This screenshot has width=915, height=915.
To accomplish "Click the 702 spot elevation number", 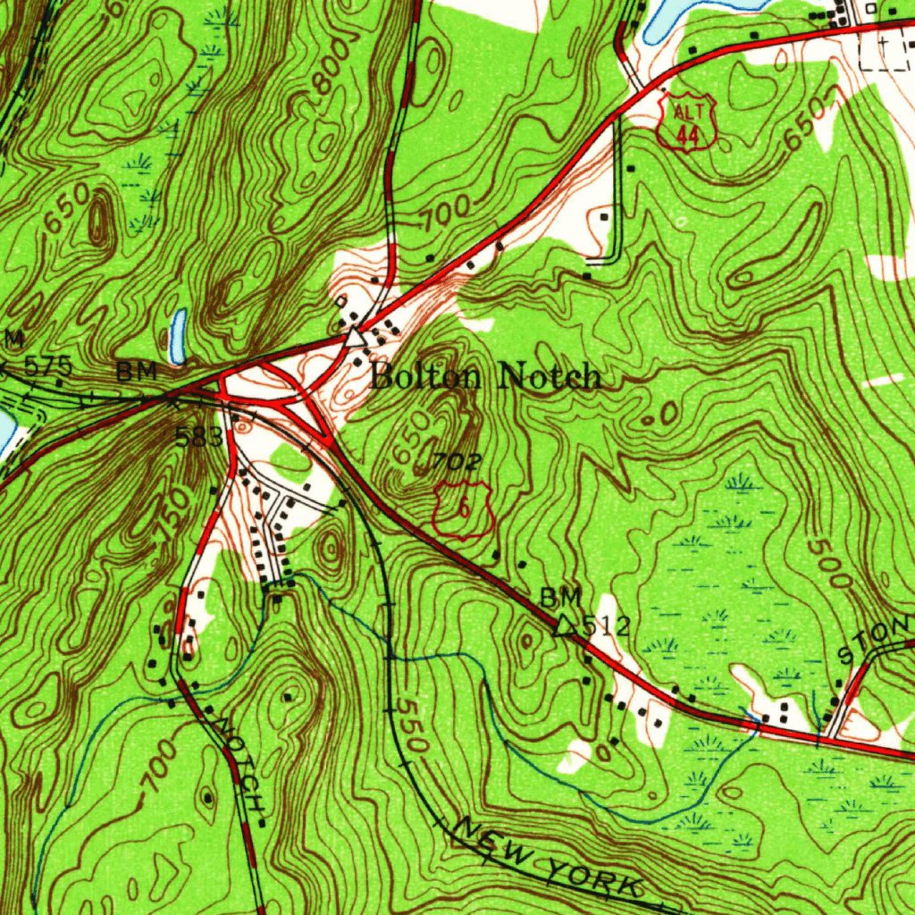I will tap(458, 462).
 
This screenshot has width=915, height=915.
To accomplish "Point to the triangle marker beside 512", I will tap(564, 626).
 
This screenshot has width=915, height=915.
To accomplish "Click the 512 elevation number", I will tap(607, 627).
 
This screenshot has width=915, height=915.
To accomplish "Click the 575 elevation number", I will tap(49, 365).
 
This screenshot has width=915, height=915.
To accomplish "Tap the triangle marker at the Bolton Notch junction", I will tap(356, 338).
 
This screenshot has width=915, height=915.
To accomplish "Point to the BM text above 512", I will tap(561, 597).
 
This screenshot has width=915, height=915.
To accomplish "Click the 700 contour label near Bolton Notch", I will tap(446, 214).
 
